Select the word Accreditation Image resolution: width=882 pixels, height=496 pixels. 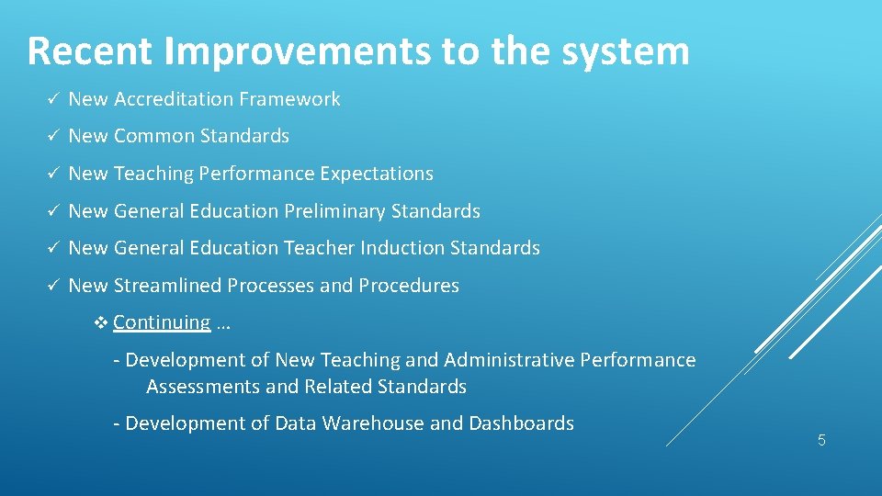[x=175, y=99]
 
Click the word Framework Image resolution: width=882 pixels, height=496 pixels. [x=291, y=99]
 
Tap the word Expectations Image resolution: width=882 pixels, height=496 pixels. [x=378, y=174]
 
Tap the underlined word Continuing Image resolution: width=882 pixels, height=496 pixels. [x=163, y=322]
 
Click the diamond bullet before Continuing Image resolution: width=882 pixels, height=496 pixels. [x=102, y=322]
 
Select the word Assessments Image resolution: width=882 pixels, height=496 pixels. [x=203, y=387]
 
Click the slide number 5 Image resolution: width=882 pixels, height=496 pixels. [x=821, y=440]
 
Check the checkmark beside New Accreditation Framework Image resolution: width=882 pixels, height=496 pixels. [x=54, y=99]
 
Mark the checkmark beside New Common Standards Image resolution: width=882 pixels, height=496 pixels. [x=54, y=136]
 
